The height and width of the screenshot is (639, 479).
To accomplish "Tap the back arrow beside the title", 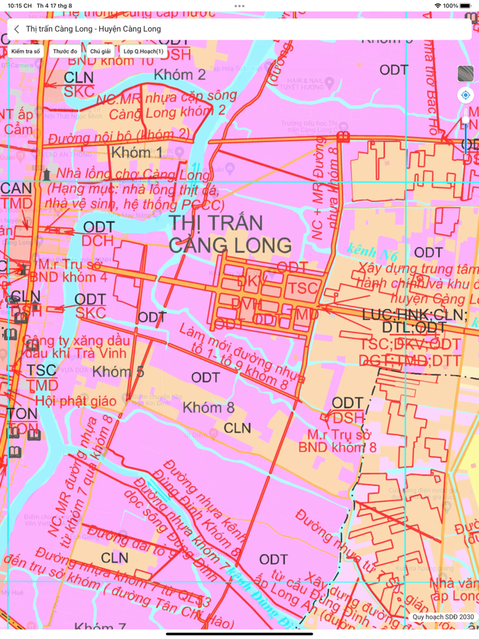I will click(x=16, y=29).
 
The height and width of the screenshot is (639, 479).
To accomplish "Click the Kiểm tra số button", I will click(x=26, y=51).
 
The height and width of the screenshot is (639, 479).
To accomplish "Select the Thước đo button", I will click(x=65, y=51).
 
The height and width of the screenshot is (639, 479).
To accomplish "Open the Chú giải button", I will click(x=101, y=51).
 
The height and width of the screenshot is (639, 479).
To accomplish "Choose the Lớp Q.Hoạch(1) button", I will click(x=144, y=51).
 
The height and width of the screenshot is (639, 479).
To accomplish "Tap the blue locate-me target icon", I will click(x=465, y=95).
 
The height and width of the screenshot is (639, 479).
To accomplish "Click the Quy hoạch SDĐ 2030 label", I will click(x=443, y=616).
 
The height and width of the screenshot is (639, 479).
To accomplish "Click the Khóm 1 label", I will click(x=137, y=152).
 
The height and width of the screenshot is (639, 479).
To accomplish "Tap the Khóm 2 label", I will click(x=179, y=75).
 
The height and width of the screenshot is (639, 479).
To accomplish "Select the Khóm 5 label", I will click(x=118, y=372).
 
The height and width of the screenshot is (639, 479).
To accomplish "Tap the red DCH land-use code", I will click(x=96, y=241).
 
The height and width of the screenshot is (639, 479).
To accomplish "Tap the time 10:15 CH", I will click(x=20, y=5).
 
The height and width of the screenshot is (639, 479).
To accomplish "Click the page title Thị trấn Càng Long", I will click(x=93, y=29).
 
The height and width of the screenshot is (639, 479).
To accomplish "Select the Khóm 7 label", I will click(x=100, y=627).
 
